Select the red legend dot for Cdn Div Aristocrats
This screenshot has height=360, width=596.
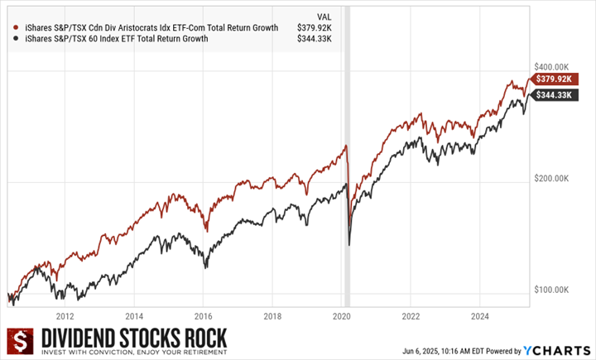pyautogui.click(x=10, y=27)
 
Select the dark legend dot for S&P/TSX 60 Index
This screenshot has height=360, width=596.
pyautogui.click(x=10, y=39)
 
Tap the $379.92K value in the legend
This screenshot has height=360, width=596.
pyautogui.click(x=313, y=27)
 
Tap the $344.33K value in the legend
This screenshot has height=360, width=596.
pyautogui.click(x=313, y=39)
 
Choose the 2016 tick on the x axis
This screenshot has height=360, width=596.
pyautogui.click(x=204, y=316)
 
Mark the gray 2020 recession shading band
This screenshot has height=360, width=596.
pyautogui.click(x=348, y=166)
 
